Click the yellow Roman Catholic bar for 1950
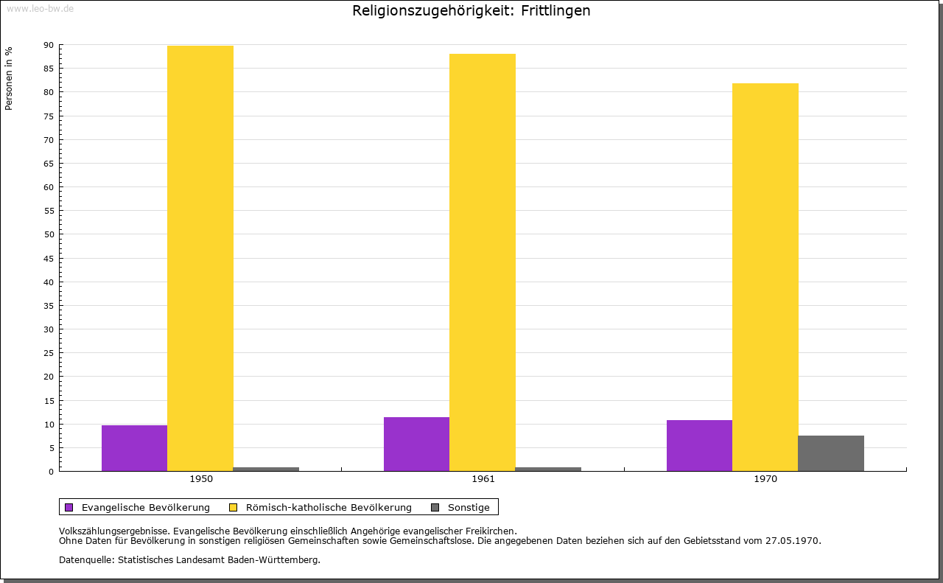click(x=200, y=258)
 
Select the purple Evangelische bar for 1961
click(x=416, y=444)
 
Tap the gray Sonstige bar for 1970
click(x=830, y=453)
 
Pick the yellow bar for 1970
click(x=765, y=277)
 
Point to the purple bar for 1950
click(x=134, y=448)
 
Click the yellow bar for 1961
click(x=483, y=262)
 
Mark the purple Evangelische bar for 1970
click(x=699, y=445)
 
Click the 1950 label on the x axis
click(x=201, y=479)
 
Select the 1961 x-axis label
click(x=483, y=479)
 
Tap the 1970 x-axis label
click(x=765, y=479)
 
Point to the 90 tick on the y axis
click(x=49, y=45)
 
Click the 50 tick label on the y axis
click(x=49, y=234)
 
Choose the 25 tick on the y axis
click(x=49, y=353)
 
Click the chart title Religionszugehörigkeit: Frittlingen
click(x=471, y=11)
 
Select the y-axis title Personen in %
click(x=9, y=79)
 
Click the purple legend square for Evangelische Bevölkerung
click(x=69, y=507)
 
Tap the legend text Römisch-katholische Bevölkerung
click(x=329, y=507)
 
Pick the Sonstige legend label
click(x=469, y=507)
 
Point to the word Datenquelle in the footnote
click(x=85, y=560)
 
